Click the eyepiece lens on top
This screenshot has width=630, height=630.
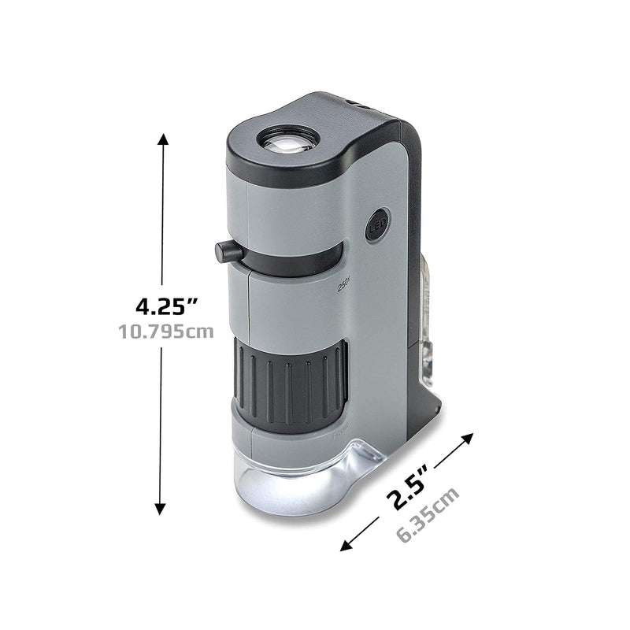click(x=288, y=142)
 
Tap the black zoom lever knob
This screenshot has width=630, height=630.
click(x=228, y=252)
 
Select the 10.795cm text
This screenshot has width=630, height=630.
click(x=165, y=332)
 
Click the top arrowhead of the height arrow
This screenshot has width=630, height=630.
click(x=163, y=139)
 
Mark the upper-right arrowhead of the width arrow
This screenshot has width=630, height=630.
click(x=470, y=438)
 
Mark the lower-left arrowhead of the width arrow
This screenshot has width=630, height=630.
click(x=347, y=547)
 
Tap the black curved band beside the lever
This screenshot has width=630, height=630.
click(x=299, y=259)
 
